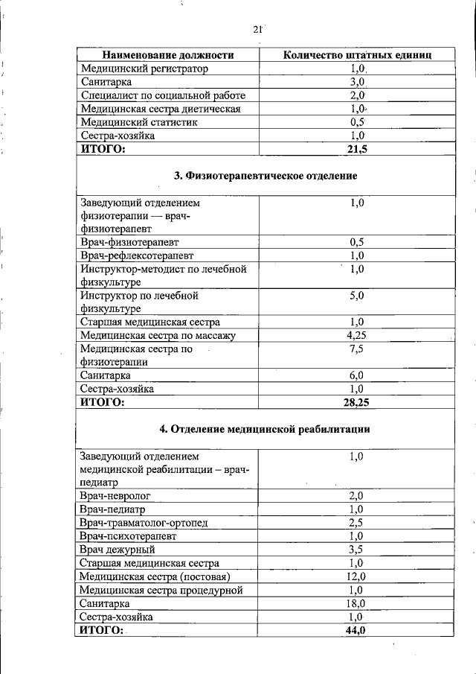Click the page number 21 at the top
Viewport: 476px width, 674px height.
258,30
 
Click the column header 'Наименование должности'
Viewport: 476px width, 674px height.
168,55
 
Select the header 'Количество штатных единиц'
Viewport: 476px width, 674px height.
356,55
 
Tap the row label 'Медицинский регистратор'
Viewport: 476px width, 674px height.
144,69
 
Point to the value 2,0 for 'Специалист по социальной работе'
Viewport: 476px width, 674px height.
357,95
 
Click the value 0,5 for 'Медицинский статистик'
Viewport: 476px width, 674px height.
357,122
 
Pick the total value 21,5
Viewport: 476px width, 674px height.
357,149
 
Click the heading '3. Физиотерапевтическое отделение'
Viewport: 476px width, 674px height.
266,176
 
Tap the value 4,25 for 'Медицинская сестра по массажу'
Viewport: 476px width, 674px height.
356,335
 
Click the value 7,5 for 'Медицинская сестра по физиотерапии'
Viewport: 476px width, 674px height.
356,349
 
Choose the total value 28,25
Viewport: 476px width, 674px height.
356,402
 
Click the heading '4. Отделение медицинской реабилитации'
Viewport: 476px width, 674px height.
266,429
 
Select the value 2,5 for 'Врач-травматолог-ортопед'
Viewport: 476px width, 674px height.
356,522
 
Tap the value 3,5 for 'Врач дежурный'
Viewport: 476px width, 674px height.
356,549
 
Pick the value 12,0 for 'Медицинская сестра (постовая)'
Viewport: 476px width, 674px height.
356,576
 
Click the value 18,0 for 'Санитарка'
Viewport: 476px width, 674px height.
356,603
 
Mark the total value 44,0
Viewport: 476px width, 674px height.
356,630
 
